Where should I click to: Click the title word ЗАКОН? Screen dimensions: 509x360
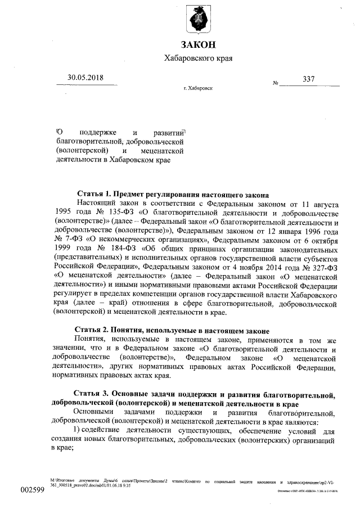click(198, 44)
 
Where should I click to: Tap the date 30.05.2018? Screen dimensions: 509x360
click(85, 78)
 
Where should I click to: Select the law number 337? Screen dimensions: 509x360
click(308, 79)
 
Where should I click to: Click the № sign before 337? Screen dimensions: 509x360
click(276, 83)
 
